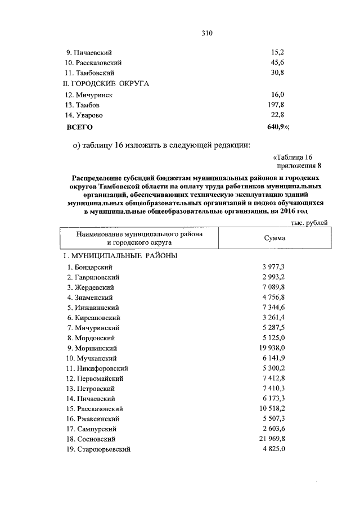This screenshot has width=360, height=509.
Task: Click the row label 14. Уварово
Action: point(86,115)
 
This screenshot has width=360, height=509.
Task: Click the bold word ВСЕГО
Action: point(80,127)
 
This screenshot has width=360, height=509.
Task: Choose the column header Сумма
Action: point(275,238)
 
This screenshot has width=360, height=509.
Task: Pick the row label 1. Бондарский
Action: point(90,267)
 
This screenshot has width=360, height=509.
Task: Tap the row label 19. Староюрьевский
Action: point(98,449)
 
